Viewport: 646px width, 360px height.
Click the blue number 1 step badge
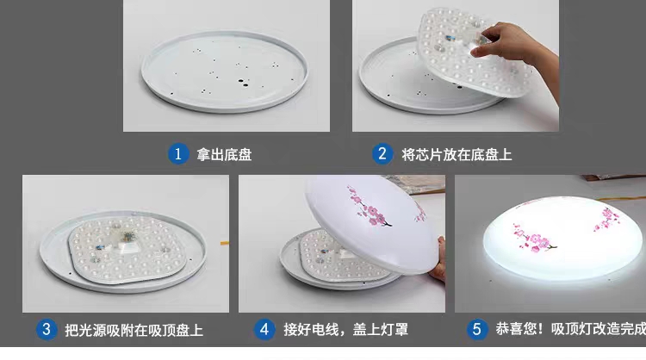(x=177, y=154)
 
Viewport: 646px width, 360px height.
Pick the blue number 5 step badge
(x=476, y=329)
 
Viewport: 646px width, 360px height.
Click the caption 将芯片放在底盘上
(x=457, y=155)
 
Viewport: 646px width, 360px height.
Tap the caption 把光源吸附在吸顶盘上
(x=135, y=330)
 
